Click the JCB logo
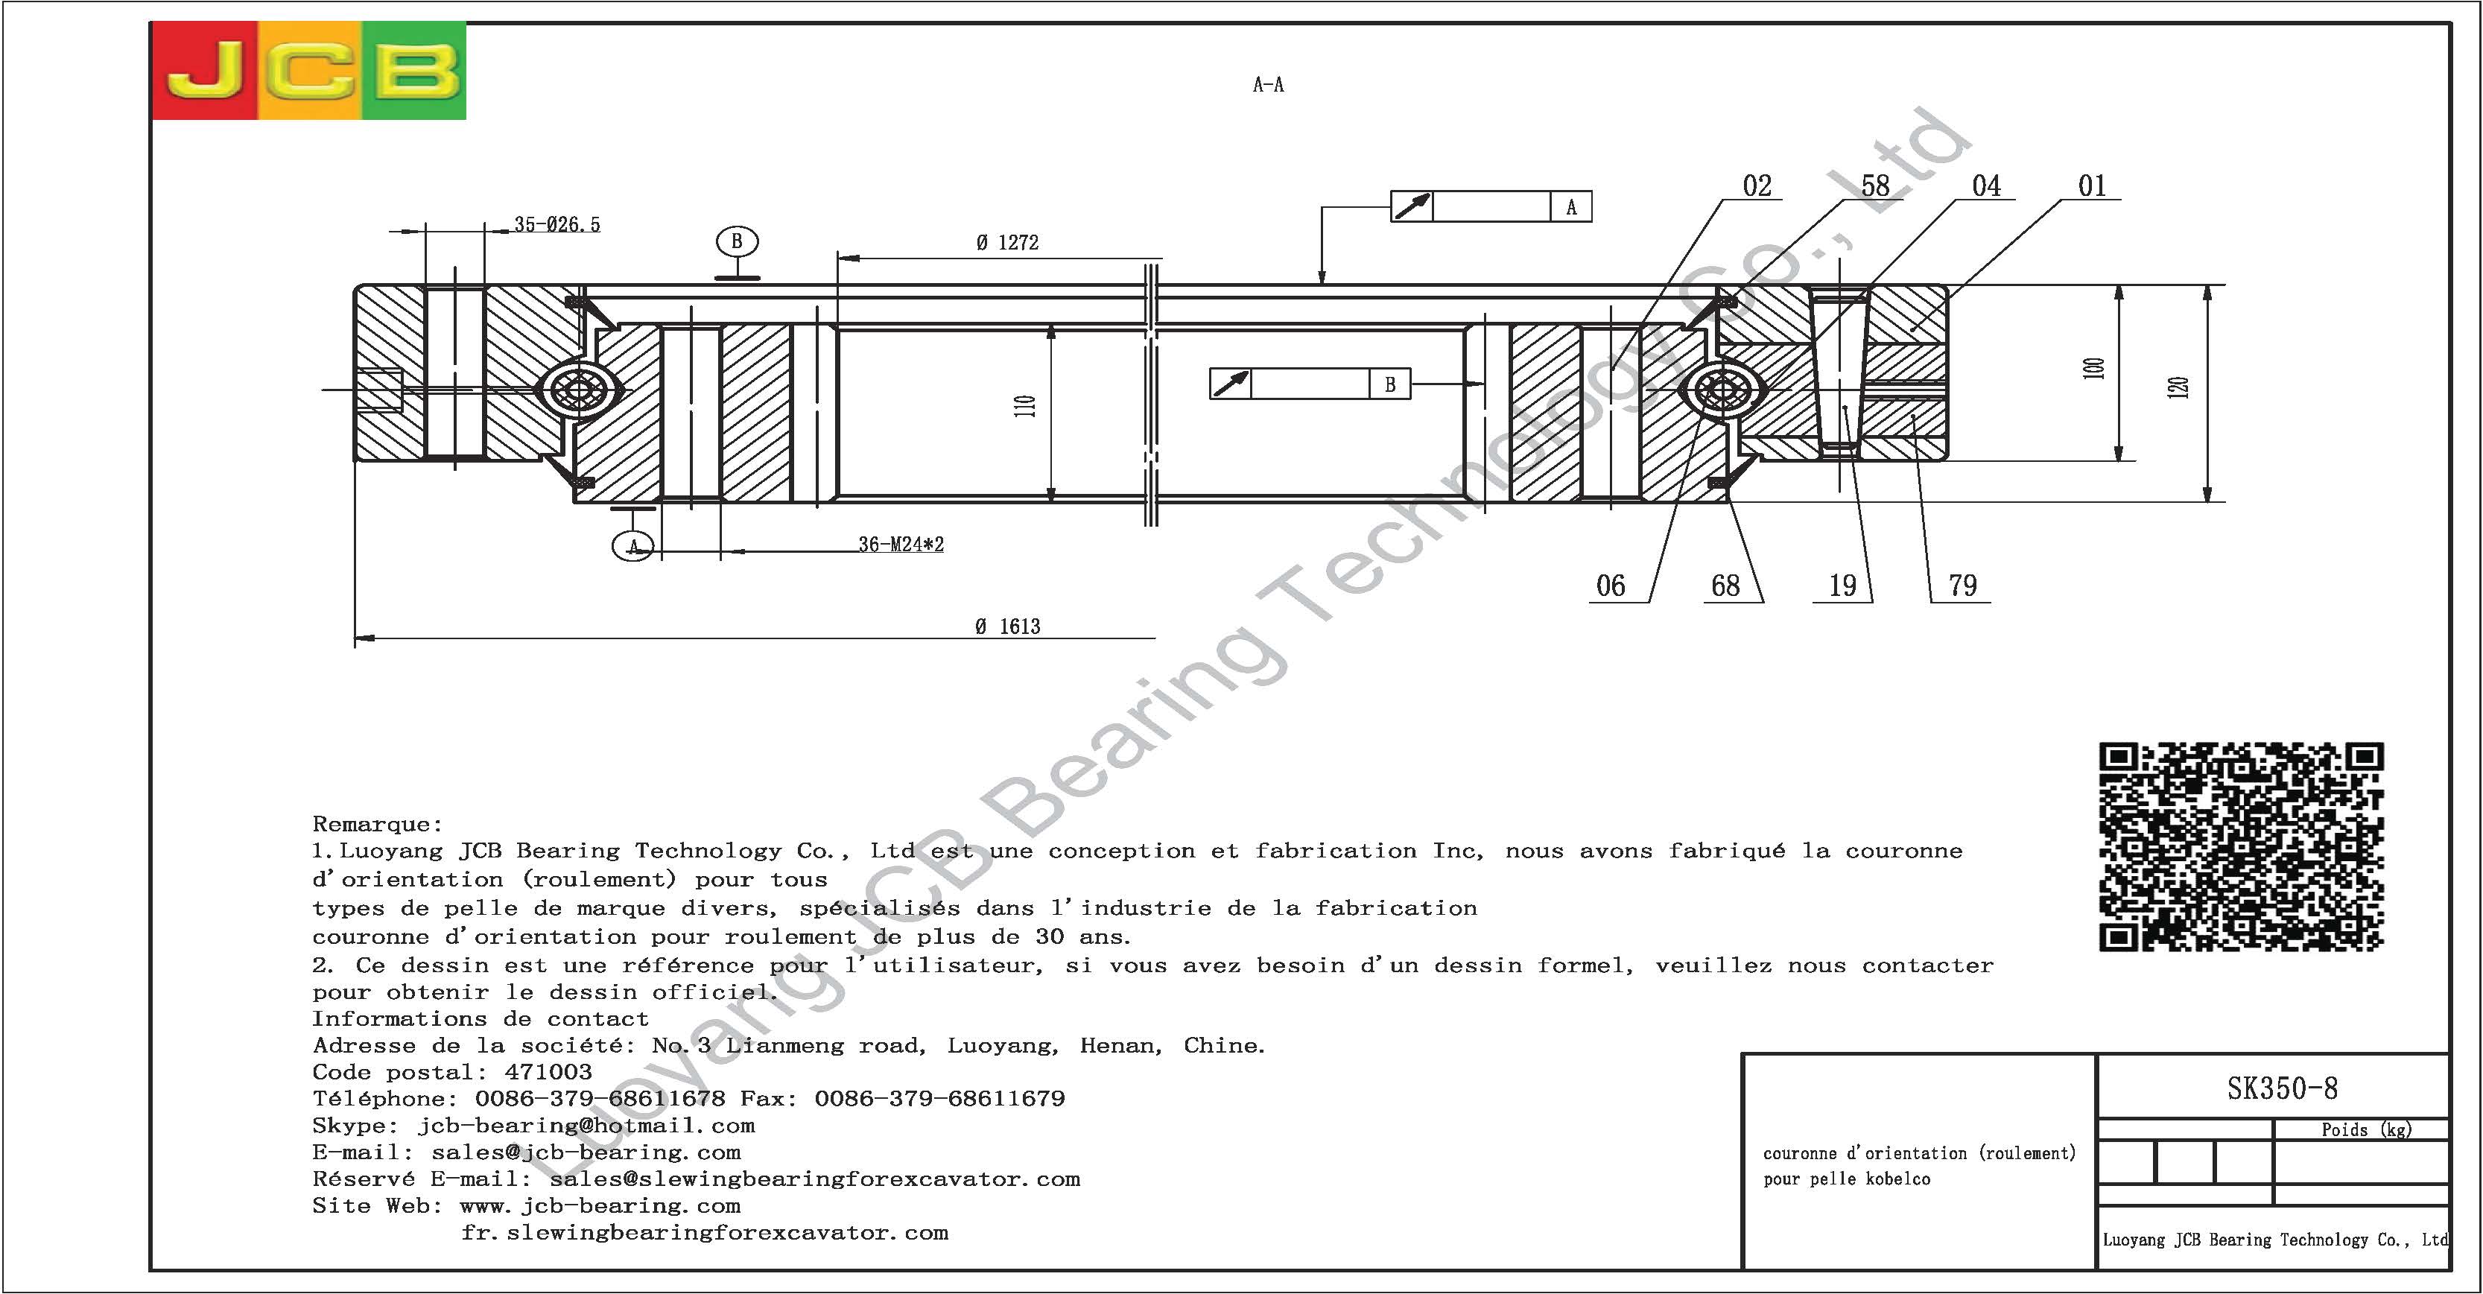[x=308, y=70]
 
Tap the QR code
[x=2241, y=846]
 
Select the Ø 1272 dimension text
[x=1007, y=243]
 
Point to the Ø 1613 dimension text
[x=1008, y=627]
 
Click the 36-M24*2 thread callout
[x=901, y=545]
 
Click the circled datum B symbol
[x=738, y=241]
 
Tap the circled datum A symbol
[x=633, y=547]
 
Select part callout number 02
[x=1756, y=185]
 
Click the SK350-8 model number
[x=2283, y=1088]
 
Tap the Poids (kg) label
[x=2365, y=1129]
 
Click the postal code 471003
[x=548, y=1072]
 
